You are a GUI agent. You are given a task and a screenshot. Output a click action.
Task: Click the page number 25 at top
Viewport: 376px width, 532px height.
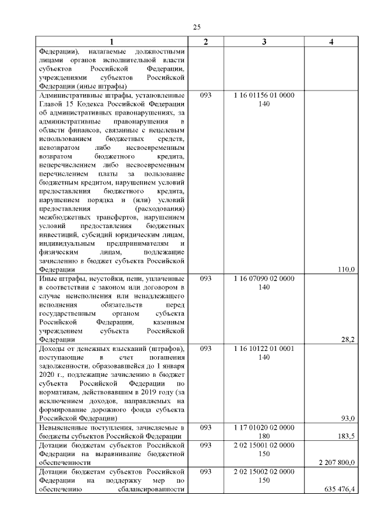[x=197, y=26]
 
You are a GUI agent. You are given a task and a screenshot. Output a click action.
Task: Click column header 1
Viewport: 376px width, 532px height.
[x=111, y=42]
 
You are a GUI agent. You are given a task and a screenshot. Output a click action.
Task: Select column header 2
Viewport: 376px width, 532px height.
[x=206, y=42]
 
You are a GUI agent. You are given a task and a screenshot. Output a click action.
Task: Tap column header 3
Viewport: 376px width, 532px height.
[x=264, y=42]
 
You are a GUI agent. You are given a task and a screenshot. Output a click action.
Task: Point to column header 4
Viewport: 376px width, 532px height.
[x=331, y=42]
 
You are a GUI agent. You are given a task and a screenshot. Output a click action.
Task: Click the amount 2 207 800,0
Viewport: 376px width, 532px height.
[x=337, y=462]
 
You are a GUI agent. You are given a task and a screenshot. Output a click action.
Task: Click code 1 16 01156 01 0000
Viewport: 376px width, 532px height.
[x=264, y=95]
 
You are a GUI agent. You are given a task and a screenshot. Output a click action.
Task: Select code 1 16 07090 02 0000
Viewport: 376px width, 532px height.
[x=264, y=279]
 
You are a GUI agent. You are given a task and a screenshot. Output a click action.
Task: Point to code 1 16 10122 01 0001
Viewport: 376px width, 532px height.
[x=264, y=349]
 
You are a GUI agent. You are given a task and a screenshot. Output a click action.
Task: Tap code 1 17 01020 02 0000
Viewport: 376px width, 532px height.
[x=264, y=427]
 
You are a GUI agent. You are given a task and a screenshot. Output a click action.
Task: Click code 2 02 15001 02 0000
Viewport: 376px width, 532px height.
[x=264, y=445]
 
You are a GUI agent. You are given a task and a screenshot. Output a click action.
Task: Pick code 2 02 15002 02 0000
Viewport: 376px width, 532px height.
[x=264, y=471]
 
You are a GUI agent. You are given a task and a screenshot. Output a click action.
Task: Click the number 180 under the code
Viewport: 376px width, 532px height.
[x=264, y=436]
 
